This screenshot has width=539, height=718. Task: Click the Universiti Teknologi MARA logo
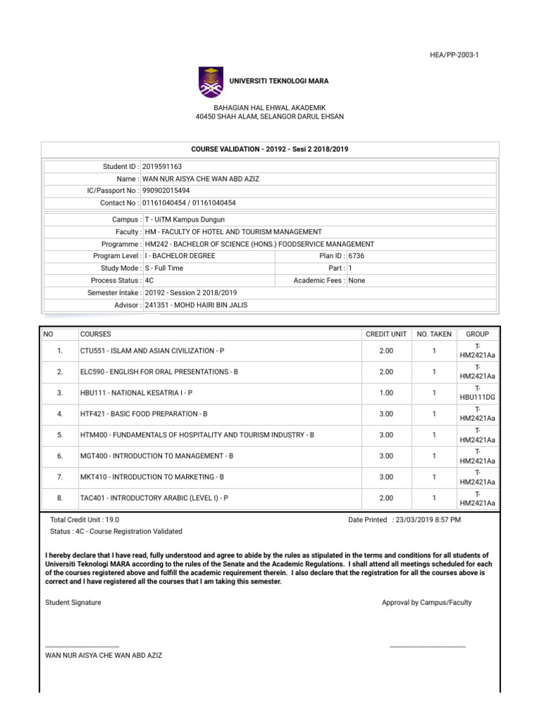[211, 81]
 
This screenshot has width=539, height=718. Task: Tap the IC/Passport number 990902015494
[166, 190]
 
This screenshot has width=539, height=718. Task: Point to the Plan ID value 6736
[357, 256]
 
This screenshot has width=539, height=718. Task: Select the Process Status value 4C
[149, 280]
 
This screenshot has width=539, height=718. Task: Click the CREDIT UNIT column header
[385, 334]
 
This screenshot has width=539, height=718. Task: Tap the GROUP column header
[477, 334]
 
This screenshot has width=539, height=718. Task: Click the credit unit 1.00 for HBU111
[385, 393]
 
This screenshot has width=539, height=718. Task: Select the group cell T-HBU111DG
[477, 393]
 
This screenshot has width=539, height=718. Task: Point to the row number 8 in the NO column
[61, 498]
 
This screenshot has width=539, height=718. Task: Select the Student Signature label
[73, 602]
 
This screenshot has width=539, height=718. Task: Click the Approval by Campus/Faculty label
[427, 602]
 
